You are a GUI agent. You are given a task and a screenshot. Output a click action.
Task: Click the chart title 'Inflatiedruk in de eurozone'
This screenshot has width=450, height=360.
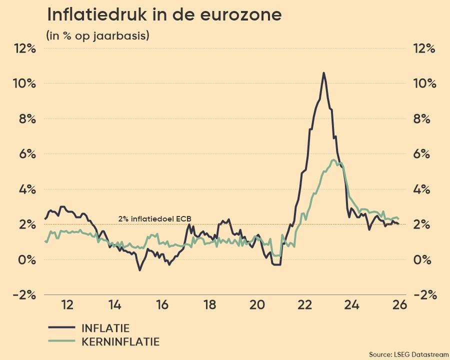pyautogui.click(x=164, y=15)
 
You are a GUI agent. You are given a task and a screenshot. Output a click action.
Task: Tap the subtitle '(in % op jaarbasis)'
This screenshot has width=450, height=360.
pyautogui.click(x=97, y=36)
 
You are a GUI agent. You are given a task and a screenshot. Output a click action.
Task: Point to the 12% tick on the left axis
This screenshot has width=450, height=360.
pyautogui.click(x=25, y=48)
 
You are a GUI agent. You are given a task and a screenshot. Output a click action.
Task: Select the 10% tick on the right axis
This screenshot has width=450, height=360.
pyautogui.click(x=424, y=83)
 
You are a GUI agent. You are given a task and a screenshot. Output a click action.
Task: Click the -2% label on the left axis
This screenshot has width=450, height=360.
pyautogui.click(x=24, y=294)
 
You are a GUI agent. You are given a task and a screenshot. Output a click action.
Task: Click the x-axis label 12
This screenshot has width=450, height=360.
pyautogui.click(x=67, y=305)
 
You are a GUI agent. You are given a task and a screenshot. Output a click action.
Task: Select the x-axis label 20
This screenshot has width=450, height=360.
pyautogui.click(x=257, y=305)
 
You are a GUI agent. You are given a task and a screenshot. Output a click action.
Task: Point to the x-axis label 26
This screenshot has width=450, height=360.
pyautogui.click(x=399, y=305)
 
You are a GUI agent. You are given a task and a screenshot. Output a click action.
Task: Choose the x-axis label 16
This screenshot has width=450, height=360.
pyautogui.click(x=162, y=305)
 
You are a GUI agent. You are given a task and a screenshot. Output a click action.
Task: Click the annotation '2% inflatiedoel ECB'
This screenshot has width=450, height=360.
pyautogui.click(x=154, y=218)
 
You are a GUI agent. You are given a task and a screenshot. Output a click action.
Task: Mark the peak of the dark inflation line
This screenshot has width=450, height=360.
pyautogui.click(x=323, y=73)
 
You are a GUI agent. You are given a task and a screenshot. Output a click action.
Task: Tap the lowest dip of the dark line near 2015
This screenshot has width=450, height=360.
pyautogui.click(x=139, y=270)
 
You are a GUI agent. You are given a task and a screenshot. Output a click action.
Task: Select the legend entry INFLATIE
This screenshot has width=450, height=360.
pyautogui.click(x=105, y=328)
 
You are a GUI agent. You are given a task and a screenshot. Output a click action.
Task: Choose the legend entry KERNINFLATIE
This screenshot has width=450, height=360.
pyautogui.click(x=120, y=342)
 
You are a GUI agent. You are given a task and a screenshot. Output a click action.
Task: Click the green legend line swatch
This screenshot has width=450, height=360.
pyautogui.click(x=61, y=342)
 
